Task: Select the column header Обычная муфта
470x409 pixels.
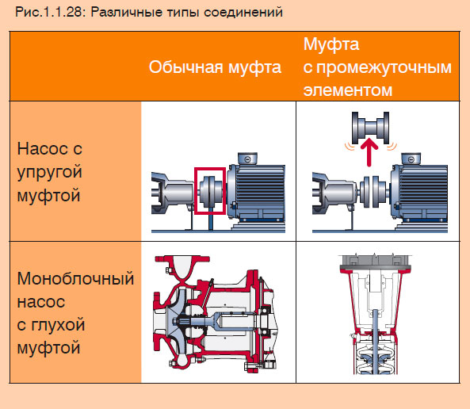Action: [215, 67]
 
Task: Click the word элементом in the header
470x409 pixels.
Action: [348, 90]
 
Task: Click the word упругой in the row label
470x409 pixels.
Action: [49, 171]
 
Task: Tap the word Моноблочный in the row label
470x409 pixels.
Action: [75, 279]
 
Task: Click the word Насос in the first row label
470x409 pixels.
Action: [42, 149]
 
